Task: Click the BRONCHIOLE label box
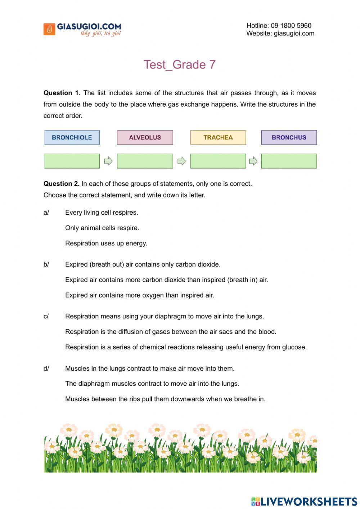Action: click(x=72, y=138)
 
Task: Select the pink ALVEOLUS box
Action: click(x=145, y=138)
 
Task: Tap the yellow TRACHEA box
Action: click(x=218, y=138)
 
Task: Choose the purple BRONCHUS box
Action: click(x=289, y=138)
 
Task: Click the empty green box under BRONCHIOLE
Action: click(x=72, y=161)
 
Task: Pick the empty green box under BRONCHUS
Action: click(x=289, y=161)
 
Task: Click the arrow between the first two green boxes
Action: click(x=108, y=161)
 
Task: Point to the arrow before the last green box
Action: click(x=253, y=161)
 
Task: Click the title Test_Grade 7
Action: click(x=180, y=64)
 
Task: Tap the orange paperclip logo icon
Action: click(x=49, y=29)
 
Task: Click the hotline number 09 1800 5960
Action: click(x=291, y=26)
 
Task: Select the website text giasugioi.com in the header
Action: click(x=294, y=34)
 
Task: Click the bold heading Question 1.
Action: click(x=62, y=93)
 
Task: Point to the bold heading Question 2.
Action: click(x=61, y=184)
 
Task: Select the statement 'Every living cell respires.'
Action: click(x=102, y=213)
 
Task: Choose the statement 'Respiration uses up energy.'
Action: click(x=106, y=244)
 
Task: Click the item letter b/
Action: click(x=46, y=264)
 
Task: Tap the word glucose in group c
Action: click(x=295, y=347)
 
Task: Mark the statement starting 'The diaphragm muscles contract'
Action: click(x=152, y=384)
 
